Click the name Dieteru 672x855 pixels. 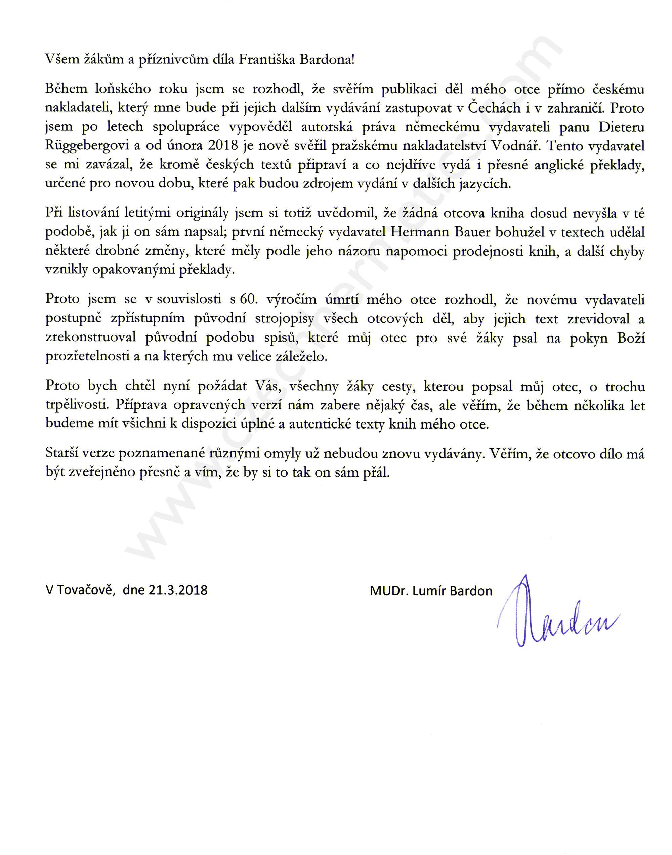click(622, 127)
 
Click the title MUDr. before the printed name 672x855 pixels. click(388, 591)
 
